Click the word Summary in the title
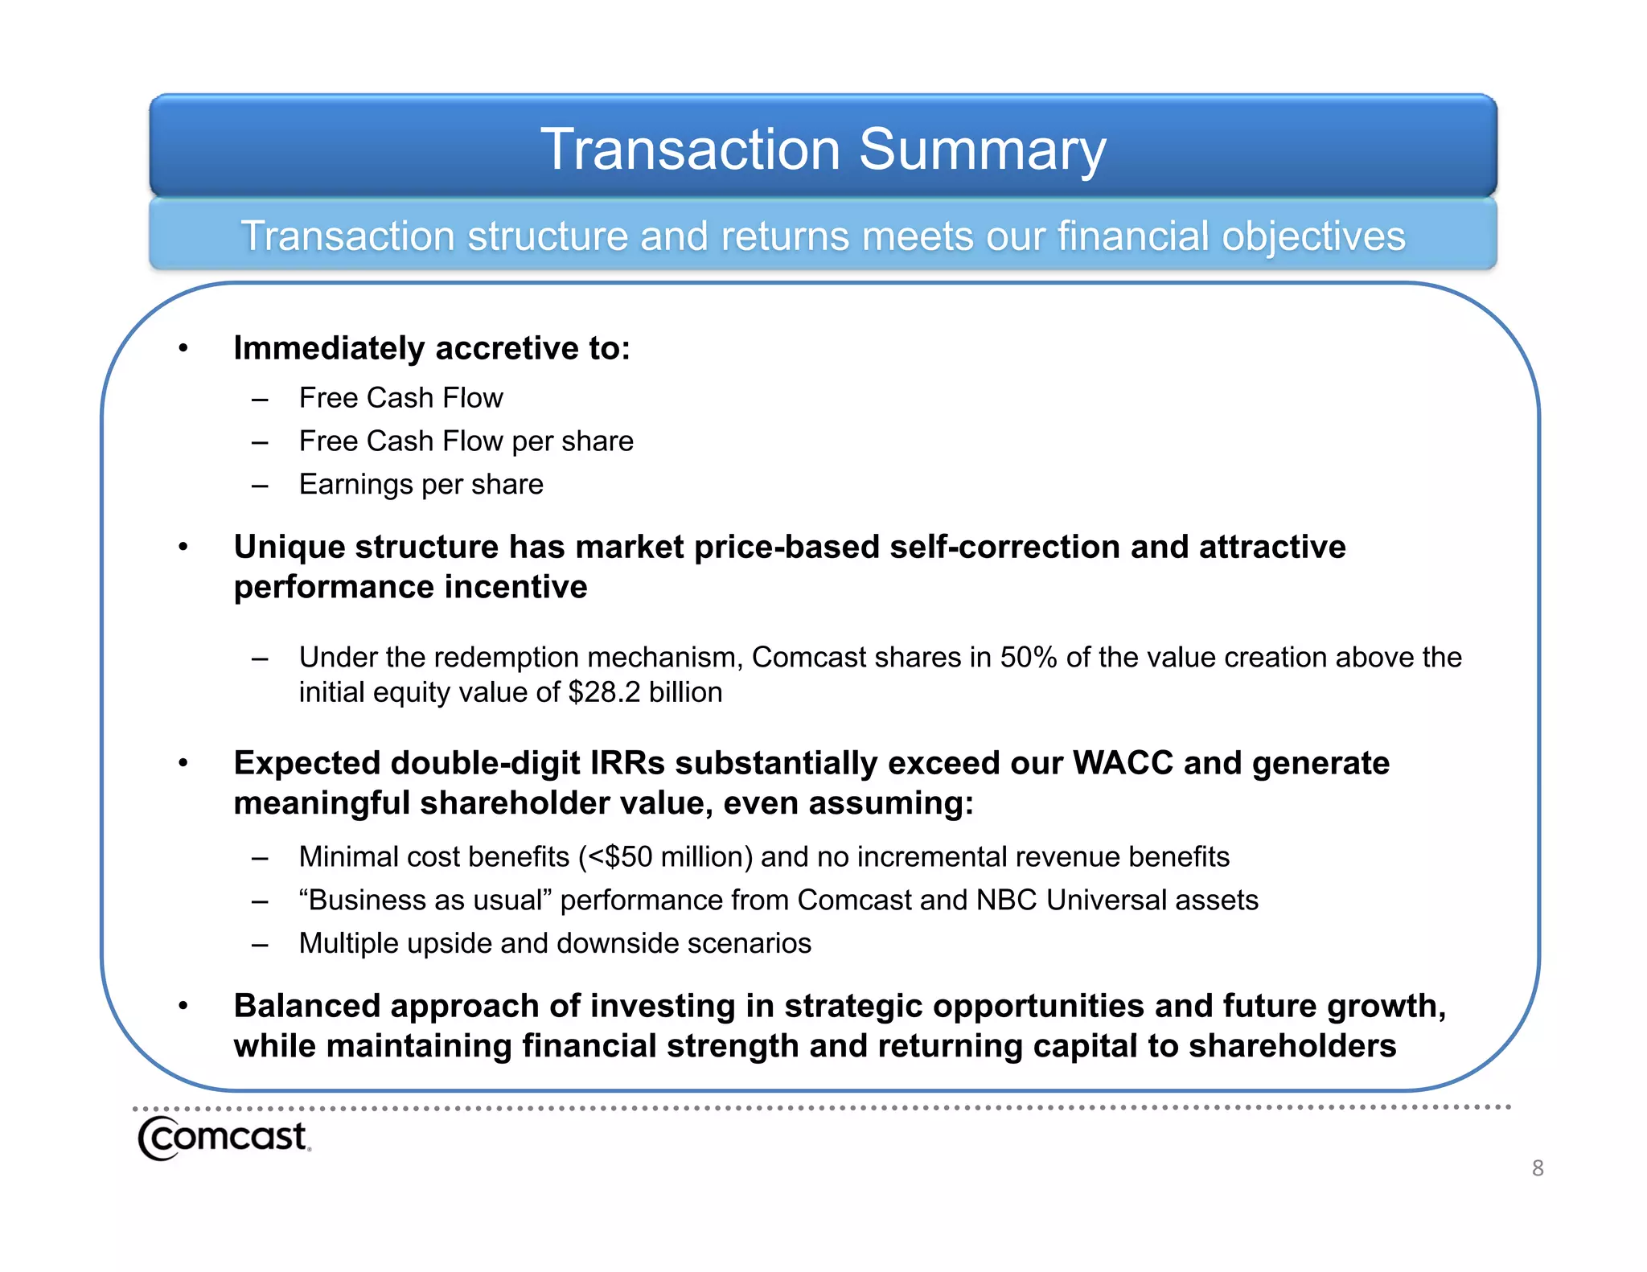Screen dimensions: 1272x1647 coord(982,150)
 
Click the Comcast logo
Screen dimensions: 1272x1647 coord(224,1138)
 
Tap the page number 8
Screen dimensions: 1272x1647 coord(1537,1167)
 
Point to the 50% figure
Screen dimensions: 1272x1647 coord(1028,658)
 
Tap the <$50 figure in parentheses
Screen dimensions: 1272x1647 coord(620,857)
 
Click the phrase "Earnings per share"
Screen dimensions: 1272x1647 coord(421,485)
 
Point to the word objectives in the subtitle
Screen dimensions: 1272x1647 coord(1312,236)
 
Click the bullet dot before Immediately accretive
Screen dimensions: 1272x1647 coord(183,348)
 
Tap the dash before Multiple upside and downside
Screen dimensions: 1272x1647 coord(259,945)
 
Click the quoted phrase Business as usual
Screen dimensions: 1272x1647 coord(424,901)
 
